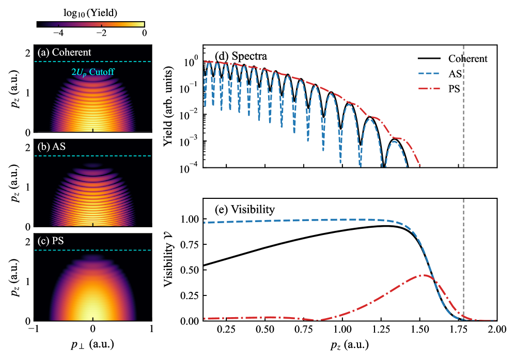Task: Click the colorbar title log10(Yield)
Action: coord(91,12)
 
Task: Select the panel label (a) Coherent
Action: coord(65,53)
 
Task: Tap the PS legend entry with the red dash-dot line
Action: coord(454,88)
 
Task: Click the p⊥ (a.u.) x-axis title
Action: coord(93,343)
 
